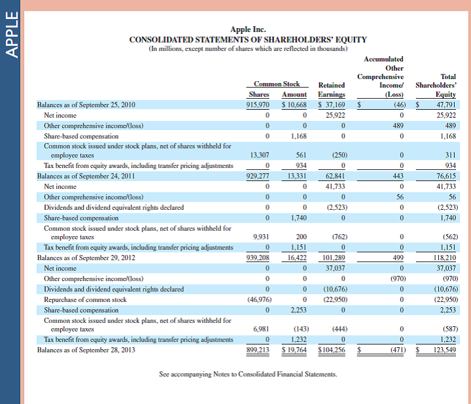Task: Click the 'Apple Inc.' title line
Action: [x=248, y=29]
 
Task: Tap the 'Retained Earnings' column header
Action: [x=331, y=90]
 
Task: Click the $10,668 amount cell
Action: [x=294, y=105]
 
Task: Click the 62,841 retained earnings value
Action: [x=335, y=177]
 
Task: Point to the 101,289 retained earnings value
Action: [x=334, y=258]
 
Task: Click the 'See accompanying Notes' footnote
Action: [x=248, y=375]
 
